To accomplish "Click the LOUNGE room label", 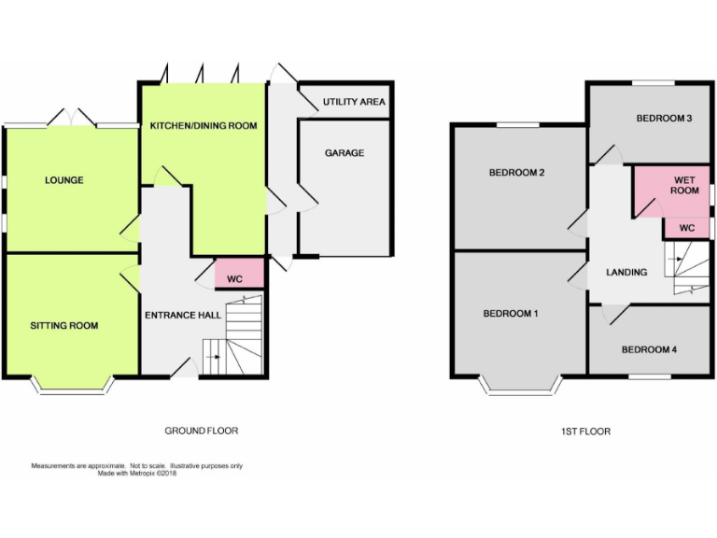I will coord(63,180).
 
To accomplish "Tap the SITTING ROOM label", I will coord(63,325).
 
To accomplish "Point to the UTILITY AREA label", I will coord(354,102).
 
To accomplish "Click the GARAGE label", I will coord(344,153).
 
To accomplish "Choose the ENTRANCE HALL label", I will coord(182,315).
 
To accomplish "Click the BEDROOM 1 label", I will coord(510,314).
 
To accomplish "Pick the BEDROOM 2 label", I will coord(515,173).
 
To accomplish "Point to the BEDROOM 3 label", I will coord(664,119).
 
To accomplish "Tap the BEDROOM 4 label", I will coord(649,349).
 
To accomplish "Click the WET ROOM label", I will coord(685,184).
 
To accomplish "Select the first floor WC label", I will coord(686,228).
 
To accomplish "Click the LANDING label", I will coord(626,273).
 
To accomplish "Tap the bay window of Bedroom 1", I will coord(518,385).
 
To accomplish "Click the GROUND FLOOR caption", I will coord(201,431).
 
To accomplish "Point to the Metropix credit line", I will coord(137,473).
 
